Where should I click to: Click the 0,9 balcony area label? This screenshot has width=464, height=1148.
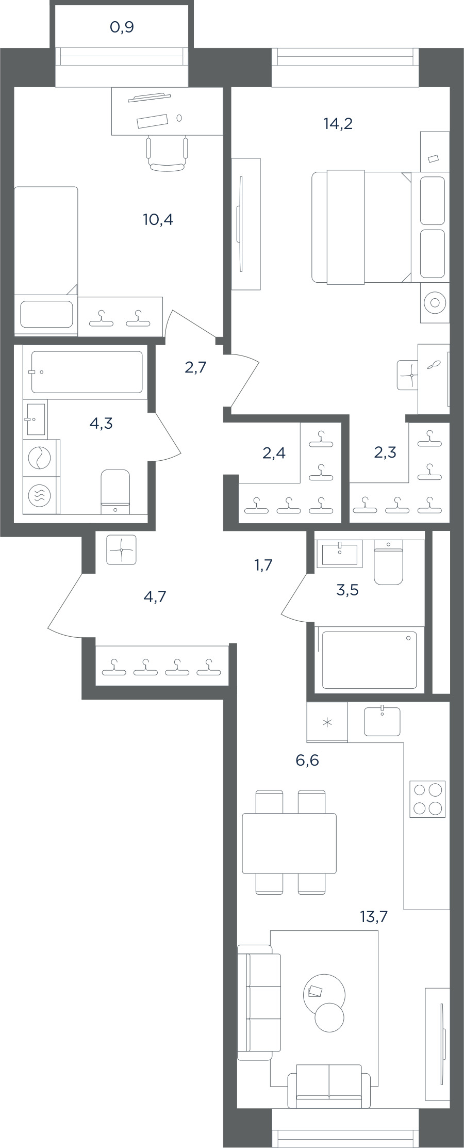coord(122,27)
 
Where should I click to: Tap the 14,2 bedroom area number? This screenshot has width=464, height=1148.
coord(338,123)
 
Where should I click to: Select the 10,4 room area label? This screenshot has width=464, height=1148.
coord(158,220)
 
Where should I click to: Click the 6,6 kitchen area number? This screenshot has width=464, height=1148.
coord(307,759)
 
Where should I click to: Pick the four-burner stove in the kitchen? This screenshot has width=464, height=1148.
coord(427,799)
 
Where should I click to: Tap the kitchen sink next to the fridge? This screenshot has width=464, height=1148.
coord(382,721)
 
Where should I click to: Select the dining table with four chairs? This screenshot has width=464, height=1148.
coord(289,842)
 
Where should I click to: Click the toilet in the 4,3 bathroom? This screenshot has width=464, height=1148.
coord(115,492)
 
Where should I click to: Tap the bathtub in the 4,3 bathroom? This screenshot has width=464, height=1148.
coord(87,372)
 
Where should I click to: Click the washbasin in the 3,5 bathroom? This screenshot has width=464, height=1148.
coord(340,554)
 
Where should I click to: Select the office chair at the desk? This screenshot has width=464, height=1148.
coord(167,153)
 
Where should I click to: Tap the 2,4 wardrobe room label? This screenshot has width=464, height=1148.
coord(274,453)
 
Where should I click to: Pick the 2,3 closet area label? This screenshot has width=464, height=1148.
coord(385,452)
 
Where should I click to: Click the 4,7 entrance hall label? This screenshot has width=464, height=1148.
coord(155,596)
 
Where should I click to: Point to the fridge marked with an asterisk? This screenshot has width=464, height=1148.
coord(327,722)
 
